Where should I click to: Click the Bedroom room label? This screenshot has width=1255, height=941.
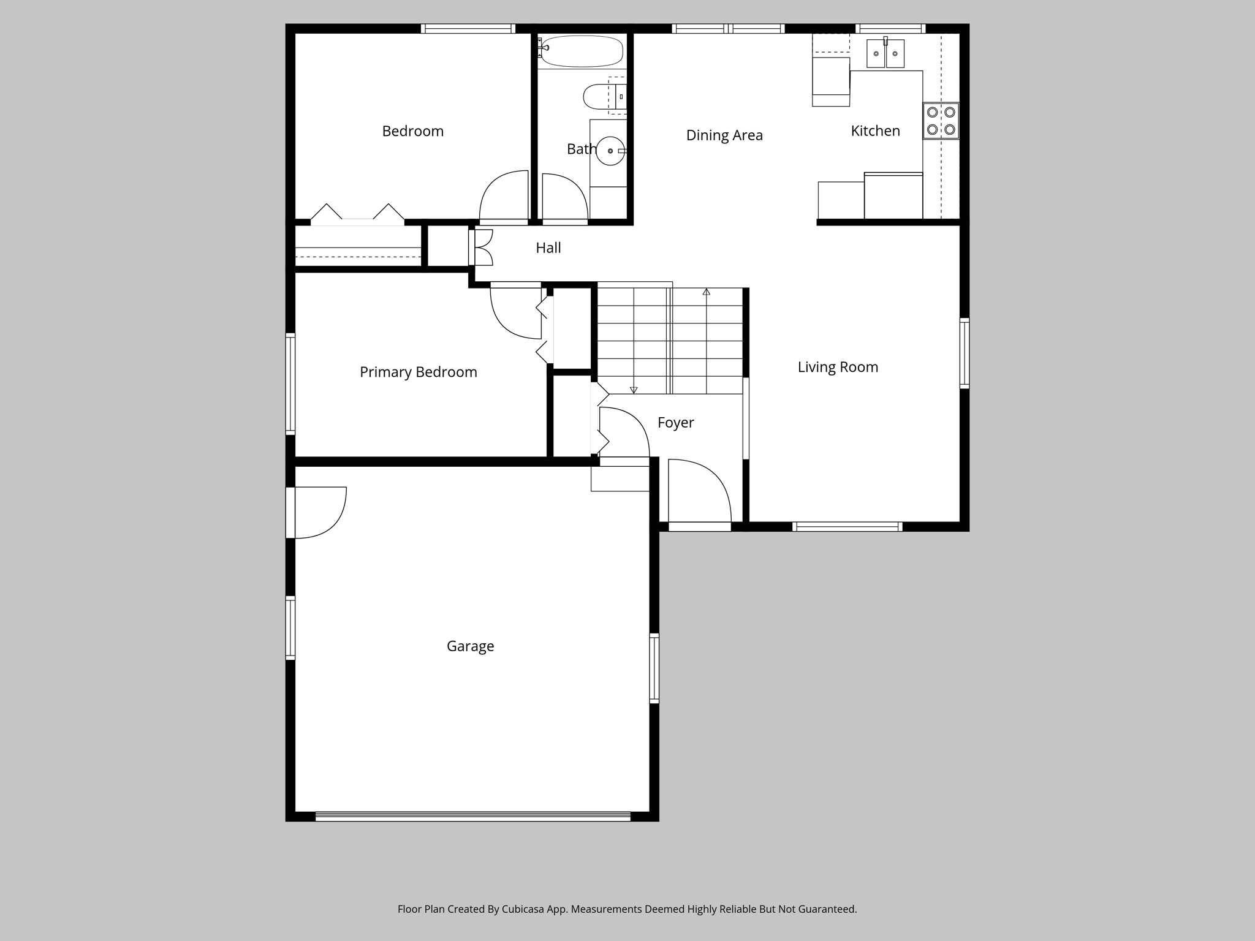(x=412, y=131)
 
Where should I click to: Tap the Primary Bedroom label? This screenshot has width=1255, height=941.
(x=418, y=372)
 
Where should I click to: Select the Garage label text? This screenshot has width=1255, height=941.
(x=470, y=646)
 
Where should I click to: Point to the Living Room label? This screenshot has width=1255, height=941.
(x=838, y=367)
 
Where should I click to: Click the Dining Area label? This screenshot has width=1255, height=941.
(x=724, y=135)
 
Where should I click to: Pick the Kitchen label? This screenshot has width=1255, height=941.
(x=875, y=130)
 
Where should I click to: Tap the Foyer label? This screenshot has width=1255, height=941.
(x=675, y=423)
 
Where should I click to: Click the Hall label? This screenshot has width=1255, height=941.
(x=548, y=248)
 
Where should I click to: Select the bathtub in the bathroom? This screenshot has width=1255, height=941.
(x=582, y=51)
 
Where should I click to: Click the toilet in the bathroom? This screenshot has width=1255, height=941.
(x=600, y=96)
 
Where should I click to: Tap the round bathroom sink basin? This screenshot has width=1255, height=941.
(x=610, y=151)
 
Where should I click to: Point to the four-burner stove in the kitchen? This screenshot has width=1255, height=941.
(x=941, y=121)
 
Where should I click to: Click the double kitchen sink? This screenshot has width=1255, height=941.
(x=885, y=53)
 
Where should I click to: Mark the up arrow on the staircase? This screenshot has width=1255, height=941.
(x=707, y=292)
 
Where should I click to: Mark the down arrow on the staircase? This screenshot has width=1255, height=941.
(x=634, y=390)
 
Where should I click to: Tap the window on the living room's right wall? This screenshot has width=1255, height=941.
(x=964, y=353)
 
